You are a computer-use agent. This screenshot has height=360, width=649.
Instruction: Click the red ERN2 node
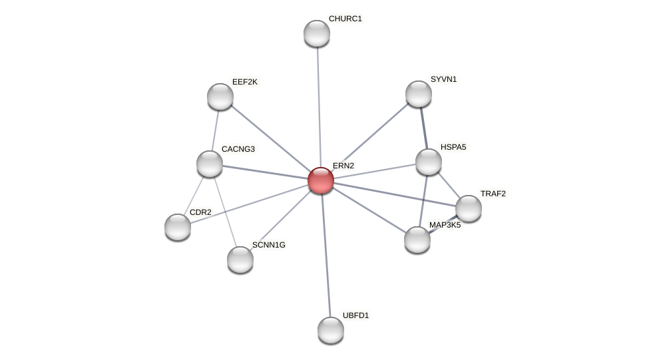pyautogui.click(x=320, y=180)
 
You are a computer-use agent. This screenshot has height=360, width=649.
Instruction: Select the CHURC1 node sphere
pyautogui.click(x=316, y=33)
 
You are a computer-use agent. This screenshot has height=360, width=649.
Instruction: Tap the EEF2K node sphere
pyautogui.click(x=220, y=96)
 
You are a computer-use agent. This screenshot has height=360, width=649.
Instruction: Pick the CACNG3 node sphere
pyautogui.click(x=210, y=164)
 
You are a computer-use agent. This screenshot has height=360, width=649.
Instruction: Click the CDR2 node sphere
pyautogui.click(x=178, y=227)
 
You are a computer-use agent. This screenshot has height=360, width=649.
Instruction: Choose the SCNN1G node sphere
pyautogui.click(x=240, y=260)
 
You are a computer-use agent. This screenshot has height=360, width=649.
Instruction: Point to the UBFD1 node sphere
pyautogui.click(x=331, y=330)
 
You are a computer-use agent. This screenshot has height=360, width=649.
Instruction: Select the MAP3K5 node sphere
pyautogui.click(x=417, y=240)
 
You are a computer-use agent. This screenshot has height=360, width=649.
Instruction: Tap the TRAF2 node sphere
pyautogui.click(x=469, y=208)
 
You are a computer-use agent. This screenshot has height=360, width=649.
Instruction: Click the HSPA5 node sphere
pyautogui.click(x=429, y=162)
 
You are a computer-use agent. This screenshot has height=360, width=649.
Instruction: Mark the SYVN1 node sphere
pyautogui.click(x=419, y=94)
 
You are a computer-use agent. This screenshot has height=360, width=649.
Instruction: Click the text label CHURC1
pyautogui.click(x=345, y=19)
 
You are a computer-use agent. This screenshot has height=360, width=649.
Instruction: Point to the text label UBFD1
pyautogui.click(x=355, y=315)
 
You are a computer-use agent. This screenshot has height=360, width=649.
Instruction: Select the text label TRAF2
pyautogui.click(x=493, y=194)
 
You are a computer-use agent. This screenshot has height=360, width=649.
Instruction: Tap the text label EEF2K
pyautogui.click(x=244, y=82)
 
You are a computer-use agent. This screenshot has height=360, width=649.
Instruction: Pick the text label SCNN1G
pyautogui.click(x=268, y=245)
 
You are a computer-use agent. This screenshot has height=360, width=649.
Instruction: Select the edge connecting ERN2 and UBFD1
pyautogui.click(x=325, y=256)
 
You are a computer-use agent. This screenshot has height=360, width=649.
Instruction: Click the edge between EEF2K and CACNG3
pyautogui.click(x=215, y=130)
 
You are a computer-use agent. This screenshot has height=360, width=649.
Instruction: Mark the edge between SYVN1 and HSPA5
pyautogui.click(x=423, y=127)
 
